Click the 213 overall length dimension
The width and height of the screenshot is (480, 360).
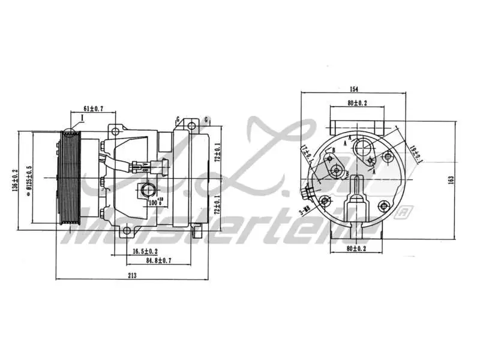132,275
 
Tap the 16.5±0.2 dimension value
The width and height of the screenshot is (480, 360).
145,251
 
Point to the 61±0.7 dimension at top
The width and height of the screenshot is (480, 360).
93,109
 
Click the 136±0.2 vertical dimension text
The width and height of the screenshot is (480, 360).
14,180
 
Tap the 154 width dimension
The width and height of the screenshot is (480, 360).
353,89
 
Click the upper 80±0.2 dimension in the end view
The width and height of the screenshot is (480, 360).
356,103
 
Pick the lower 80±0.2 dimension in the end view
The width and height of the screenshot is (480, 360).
356,248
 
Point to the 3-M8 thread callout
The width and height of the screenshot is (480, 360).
305,211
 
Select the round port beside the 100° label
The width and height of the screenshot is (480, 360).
146,191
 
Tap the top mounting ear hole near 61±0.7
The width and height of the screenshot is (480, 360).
113,130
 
